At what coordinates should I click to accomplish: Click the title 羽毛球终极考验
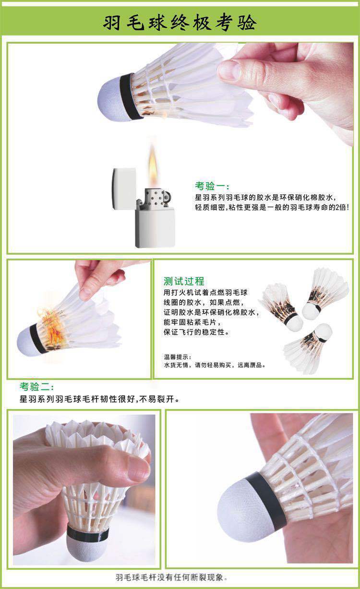point(180,23)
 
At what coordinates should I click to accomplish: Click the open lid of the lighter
point(124,189)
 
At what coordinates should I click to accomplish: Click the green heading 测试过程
point(184,281)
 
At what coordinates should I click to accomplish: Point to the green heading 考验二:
point(37,387)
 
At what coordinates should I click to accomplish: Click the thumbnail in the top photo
point(230,71)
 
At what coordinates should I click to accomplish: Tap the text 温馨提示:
point(178,357)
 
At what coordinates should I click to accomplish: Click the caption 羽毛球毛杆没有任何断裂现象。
point(171,577)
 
